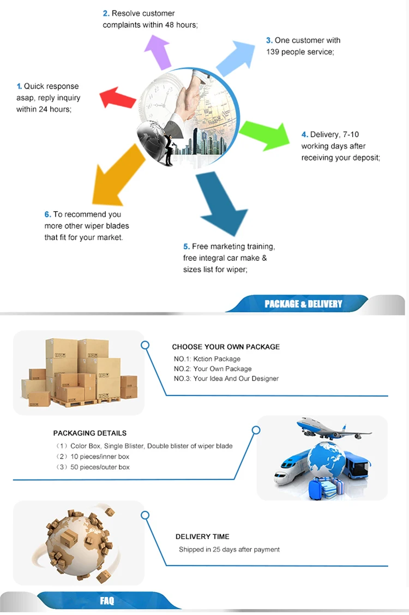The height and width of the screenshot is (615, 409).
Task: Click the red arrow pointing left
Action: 117,97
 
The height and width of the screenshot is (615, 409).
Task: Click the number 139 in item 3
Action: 274,52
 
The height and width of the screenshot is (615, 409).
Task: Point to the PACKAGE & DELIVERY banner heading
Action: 303,304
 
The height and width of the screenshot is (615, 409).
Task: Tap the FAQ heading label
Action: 107,601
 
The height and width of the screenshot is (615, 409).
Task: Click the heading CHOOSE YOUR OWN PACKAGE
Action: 226,347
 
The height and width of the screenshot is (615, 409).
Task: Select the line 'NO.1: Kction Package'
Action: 207,359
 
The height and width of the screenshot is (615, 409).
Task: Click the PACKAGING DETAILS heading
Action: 90,433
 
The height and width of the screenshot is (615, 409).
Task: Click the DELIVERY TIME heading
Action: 202,536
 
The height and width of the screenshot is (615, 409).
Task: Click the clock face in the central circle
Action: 161,95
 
